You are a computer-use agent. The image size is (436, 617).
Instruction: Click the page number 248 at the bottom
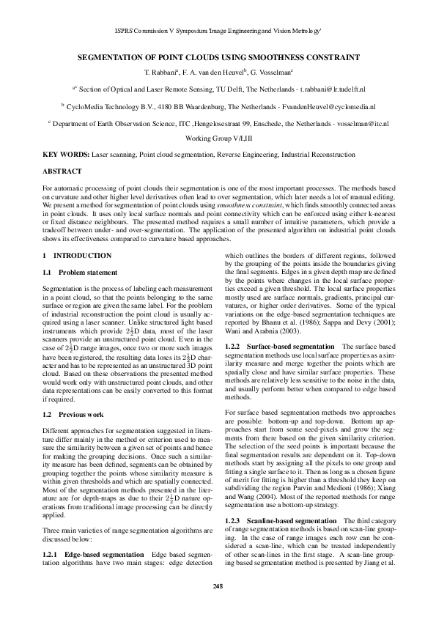pyautogui.click(x=218, y=585)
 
